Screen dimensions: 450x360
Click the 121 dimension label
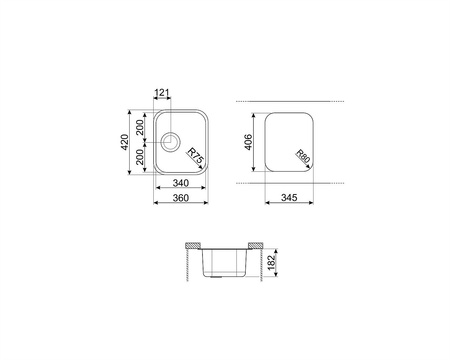point(162,92)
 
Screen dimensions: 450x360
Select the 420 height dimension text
point(125,142)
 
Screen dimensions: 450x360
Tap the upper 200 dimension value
point(140,127)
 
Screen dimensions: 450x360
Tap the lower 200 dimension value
point(140,157)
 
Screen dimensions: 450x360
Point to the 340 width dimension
point(181,183)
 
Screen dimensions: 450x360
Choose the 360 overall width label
point(181,198)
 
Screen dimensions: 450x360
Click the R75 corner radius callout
point(195,156)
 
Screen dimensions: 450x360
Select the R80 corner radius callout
point(303,156)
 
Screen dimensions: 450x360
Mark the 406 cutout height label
point(248,142)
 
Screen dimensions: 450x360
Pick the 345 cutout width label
point(289,198)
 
